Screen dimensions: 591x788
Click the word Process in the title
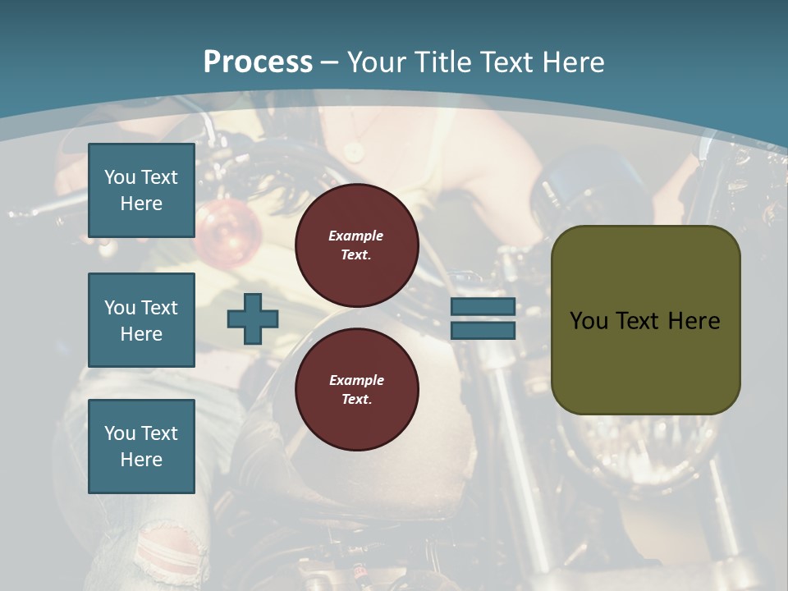click(258, 62)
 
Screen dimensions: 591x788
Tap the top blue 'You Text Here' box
click(141, 190)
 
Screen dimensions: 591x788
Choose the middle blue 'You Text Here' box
click(141, 320)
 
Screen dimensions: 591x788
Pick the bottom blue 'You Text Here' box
click(141, 447)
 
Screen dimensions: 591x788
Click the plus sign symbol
click(253, 318)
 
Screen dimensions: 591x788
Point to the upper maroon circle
click(356, 245)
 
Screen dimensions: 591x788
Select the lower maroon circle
click(356, 390)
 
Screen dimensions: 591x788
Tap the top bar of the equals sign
click(483, 306)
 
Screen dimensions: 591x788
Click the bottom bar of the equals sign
click(483, 330)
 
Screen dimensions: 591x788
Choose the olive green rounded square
click(645, 320)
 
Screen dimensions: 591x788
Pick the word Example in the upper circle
click(356, 236)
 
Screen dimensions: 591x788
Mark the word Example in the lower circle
click(356, 380)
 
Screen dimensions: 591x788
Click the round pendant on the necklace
click(354, 151)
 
